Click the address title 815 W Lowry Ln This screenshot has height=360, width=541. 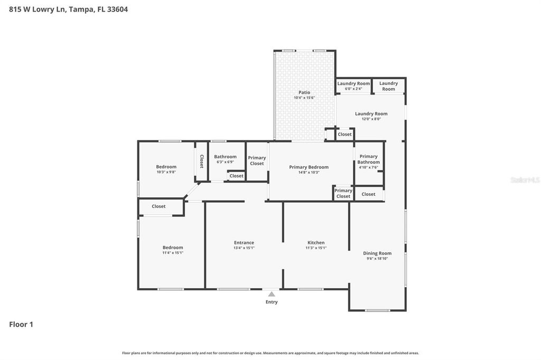click(68, 9)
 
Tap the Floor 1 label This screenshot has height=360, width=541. click(21, 325)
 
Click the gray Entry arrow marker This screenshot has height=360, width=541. click(272, 294)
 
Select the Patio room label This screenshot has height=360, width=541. click(304, 92)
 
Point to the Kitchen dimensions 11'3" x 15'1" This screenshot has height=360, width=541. click(316, 248)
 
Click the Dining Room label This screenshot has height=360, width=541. click(377, 253)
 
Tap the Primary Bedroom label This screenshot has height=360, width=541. click(309, 167)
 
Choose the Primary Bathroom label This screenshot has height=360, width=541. click(368, 159)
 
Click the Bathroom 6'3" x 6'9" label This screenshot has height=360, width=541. click(225, 157)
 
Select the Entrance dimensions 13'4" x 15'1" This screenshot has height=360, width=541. click(244, 248)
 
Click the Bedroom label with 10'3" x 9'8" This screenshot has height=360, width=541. click(166, 167)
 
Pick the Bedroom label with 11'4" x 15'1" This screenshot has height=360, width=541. click(173, 248)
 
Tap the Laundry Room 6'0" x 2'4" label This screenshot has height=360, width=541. click(353, 83)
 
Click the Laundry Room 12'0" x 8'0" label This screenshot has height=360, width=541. click(371, 113)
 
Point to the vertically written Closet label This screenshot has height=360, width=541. click(201, 161)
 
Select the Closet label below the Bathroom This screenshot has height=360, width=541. click(236, 176)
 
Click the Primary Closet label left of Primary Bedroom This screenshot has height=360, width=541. click(257, 160)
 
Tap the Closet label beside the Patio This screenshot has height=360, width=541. click(344, 135)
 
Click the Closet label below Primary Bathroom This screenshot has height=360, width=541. click(368, 194)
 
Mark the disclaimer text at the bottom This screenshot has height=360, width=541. click(270, 353)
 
